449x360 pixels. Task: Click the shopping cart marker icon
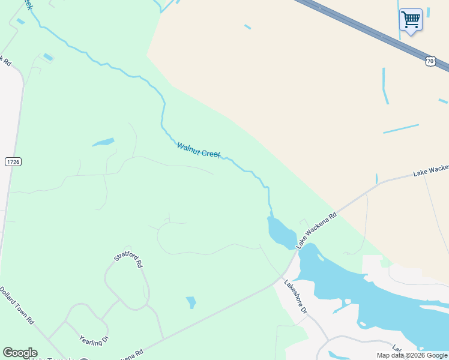click(x=411, y=20)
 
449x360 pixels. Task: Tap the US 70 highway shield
click(x=430, y=61)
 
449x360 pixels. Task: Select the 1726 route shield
click(x=13, y=162)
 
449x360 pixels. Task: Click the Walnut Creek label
click(x=199, y=150)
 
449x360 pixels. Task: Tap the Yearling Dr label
click(x=94, y=332)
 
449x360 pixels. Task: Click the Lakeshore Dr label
click(x=295, y=298)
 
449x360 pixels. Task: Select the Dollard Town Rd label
click(x=16, y=305)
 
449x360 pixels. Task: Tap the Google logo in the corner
click(x=20, y=353)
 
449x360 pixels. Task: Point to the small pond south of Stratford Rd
click(x=191, y=302)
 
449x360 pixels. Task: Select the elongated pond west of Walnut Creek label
click(x=103, y=143)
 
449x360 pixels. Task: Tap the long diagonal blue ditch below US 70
click(x=400, y=128)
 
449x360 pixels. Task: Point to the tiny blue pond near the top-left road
click(x=48, y=58)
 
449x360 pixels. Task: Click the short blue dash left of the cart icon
click(x=247, y=26)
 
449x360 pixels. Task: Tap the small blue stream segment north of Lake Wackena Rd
click(x=376, y=179)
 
